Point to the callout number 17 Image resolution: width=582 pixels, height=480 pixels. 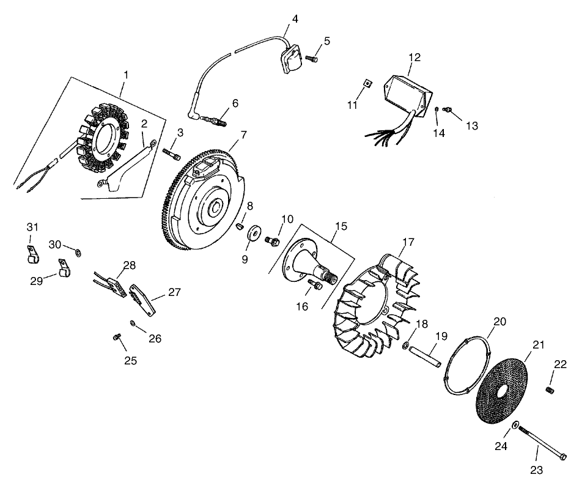pyautogui.click(x=408, y=242)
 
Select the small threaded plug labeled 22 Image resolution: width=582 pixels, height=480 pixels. pyautogui.click(x=550, y=390)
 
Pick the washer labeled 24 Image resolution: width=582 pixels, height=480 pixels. pyautogui.click(x=516, y=424)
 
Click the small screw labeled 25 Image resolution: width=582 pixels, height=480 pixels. pyautogui.click(x=118, y=336)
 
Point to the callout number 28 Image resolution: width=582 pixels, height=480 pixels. pyautogui.click(x=128, y=265)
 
